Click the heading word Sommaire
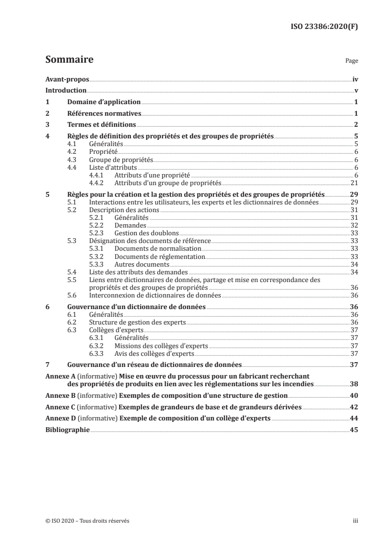69,60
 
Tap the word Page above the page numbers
352,62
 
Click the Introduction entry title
66,90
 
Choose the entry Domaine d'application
104,102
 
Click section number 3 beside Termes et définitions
47,125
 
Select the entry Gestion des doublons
141,233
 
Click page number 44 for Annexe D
354,419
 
